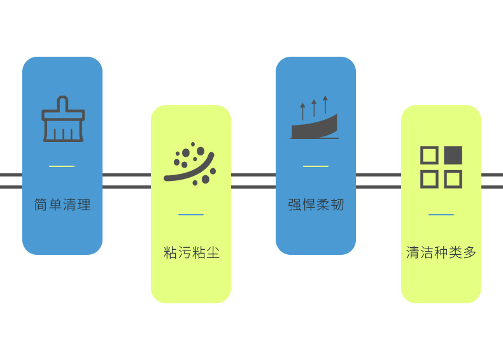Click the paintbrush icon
(x=62, y=119)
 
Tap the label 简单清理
(x=62, y=205)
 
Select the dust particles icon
(x=190, y=164)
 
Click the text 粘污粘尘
(x=191, y=253)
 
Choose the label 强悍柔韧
(x=316, y=205)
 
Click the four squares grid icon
(x=441, y=167)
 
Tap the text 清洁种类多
(x=441, y=253)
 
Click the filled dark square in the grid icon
(x=453, y=155)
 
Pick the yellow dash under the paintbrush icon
(x=62, y=166)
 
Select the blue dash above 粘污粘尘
(x=191, y=215)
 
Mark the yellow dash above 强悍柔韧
(x=316, y=166)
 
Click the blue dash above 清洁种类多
(x=441, y=215)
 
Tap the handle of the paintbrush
(x=62, y=104)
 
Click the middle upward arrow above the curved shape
(x=314, y=108)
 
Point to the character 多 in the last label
(x=470, y=253)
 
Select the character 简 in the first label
(x=41, y=205)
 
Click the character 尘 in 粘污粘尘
(x=213, y=253)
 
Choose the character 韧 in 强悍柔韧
(x=337, y=205)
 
